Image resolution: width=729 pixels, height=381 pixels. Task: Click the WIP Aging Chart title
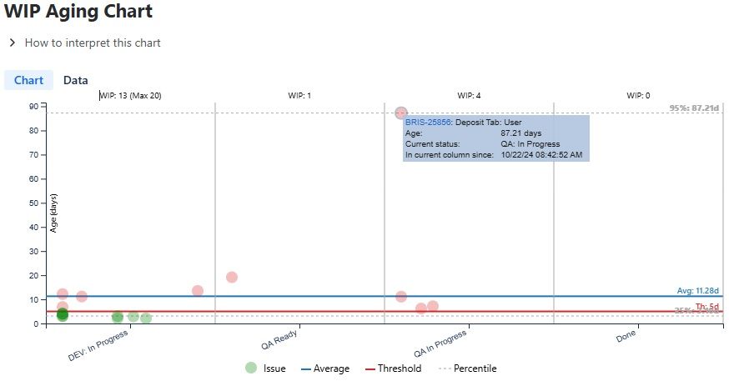click(79, 13)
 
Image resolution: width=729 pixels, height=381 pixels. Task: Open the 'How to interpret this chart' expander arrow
click(12, 43)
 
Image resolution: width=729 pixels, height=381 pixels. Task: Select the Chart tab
click(28, 81)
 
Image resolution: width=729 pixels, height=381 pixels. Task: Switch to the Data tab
click(76, 81)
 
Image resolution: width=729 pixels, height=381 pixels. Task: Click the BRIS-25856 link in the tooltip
click(428, 122)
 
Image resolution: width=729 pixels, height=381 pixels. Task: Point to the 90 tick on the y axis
click(34, 106)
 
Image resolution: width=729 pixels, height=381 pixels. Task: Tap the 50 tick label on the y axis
click(34, 203)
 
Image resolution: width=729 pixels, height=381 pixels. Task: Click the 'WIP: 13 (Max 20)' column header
click(130, 96)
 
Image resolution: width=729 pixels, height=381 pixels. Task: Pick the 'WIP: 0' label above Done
click(638, 96)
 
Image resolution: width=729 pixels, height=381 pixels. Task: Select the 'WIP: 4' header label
click(468, 96)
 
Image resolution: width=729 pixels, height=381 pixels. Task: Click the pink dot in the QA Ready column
click(232, 277)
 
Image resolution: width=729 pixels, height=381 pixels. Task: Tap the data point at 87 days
click(401, 113)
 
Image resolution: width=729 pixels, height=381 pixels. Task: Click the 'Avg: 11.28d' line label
click(698, 291)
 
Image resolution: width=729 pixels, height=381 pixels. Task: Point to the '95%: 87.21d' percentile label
click(694, 108)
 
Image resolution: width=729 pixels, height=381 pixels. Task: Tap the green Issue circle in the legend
click(251, 368)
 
